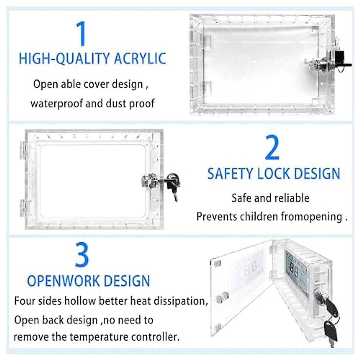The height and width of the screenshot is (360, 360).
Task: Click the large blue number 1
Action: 81,34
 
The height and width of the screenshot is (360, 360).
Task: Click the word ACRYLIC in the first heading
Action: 140,58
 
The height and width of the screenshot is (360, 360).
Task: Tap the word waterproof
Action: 56,103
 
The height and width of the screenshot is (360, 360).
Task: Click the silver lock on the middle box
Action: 148,181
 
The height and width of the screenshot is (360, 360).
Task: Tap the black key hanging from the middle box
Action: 173,186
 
